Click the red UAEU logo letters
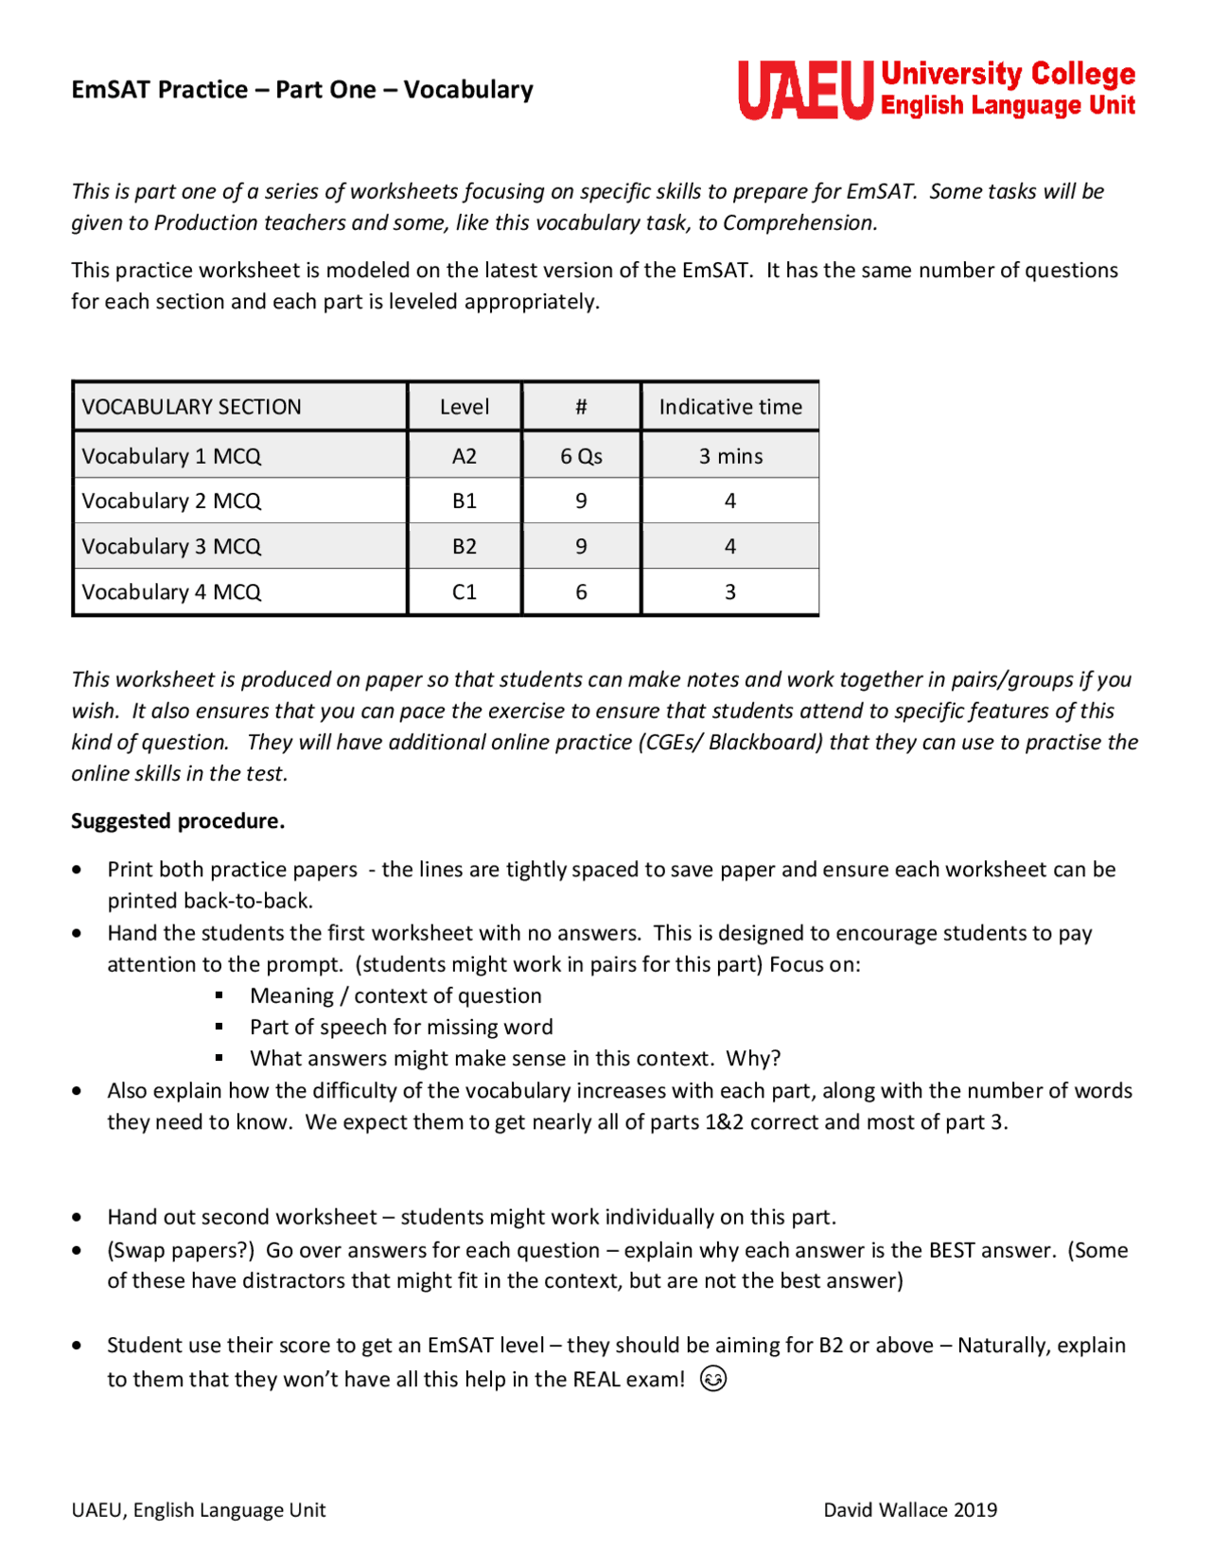pyautogui.click(x=804, y=90)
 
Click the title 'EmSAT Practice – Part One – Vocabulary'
pyautogui.click(x=302, y=90)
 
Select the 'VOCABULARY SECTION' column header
pyautogui.click(x=191, y=407)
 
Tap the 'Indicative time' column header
pyautogui.click(x=729, y=407)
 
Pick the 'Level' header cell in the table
pyautogui.click(x=464, y=407)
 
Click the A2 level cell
pyautogui.click(x=464, y=456)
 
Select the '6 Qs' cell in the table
pyautogui.click(x=581, y=456)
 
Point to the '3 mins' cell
pyautogui.click(x=729, y=456)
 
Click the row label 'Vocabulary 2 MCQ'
pyautogui.click(x=171, y=501)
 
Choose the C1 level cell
pyautogui.click(x=464, y=591)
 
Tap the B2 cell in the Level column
pyautogui.click(x=464, y=546)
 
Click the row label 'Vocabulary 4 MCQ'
pyautogui.click(x=171, y=591)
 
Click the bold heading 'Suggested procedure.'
pyautogui.click(x=178, y=820)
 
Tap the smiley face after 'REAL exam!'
pyautogui.click(x=713, y=1379)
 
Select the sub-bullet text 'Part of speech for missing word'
pyautogui.click(x=401, y=1027)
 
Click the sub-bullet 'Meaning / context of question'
pyautogui.click(x=395, y=995)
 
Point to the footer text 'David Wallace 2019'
pyautogui.click(x=909, y=1509)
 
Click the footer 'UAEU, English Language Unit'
pyautogui.click(x=199, y=1509)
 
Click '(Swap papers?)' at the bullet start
pyautogui.click(x=181, y=1250)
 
